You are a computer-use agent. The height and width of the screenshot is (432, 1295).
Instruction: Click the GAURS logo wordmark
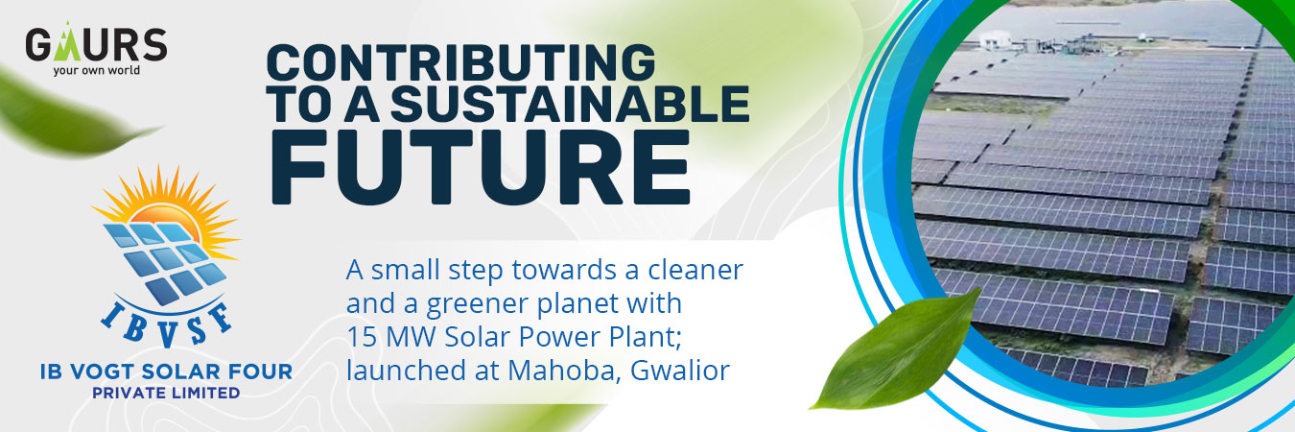96,43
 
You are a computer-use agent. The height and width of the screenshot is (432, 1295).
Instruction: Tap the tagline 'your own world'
97,70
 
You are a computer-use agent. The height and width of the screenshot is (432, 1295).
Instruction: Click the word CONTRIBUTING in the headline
460,62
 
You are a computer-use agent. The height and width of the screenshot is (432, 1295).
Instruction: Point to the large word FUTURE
481,167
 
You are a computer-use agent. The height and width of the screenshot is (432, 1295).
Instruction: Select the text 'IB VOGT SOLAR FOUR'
166,372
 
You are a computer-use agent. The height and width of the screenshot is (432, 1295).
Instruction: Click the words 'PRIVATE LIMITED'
166,394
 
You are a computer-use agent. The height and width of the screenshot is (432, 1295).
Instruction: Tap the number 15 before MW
362,338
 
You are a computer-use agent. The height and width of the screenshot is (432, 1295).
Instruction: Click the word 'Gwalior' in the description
680,371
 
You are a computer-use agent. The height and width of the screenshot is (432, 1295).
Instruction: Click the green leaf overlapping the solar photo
896,350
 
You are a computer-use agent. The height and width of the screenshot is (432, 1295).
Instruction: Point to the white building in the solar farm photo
996,40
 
